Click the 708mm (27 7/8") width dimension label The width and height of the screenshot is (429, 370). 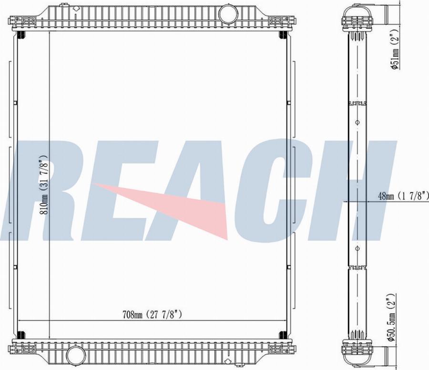coord(152,315)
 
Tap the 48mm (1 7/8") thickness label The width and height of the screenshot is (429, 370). coord(403,195)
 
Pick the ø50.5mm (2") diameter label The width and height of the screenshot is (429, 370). coord(391,318)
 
